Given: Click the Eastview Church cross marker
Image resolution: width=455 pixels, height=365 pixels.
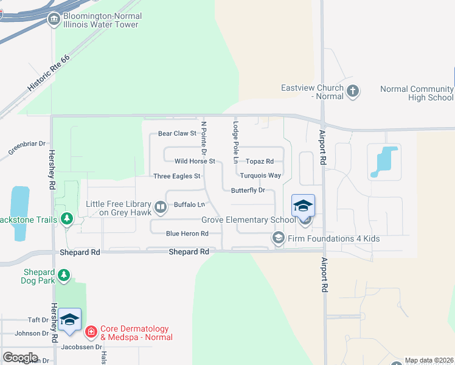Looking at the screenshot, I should (x=353, y=92).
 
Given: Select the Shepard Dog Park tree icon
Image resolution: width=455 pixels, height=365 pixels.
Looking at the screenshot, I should (x=63, y=276).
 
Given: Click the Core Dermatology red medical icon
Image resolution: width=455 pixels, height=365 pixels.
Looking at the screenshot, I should (x=91, y=332).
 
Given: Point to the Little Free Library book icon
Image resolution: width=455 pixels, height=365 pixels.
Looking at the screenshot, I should (x=161, y=208).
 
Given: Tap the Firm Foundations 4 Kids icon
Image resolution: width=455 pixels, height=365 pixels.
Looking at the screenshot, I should (x=279, y=238).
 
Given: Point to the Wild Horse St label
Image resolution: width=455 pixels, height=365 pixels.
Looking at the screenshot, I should (x=195, y=161).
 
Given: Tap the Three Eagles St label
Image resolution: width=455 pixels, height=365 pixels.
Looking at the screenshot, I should (x=177, y=176).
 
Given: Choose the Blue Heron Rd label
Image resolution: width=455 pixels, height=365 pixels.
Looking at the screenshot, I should (x=187, y=234).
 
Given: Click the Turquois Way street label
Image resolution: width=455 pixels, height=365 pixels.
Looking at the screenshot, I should (x=260, y=176).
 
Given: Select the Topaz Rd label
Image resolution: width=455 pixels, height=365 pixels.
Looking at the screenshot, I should (x=260, y=161).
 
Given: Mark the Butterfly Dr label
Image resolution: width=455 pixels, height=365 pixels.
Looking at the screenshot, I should (x=248, y=190).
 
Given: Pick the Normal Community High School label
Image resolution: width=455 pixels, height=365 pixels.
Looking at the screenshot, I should (x=417, y=93).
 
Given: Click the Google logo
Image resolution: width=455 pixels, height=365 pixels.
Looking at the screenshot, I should (x=20, y=358).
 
